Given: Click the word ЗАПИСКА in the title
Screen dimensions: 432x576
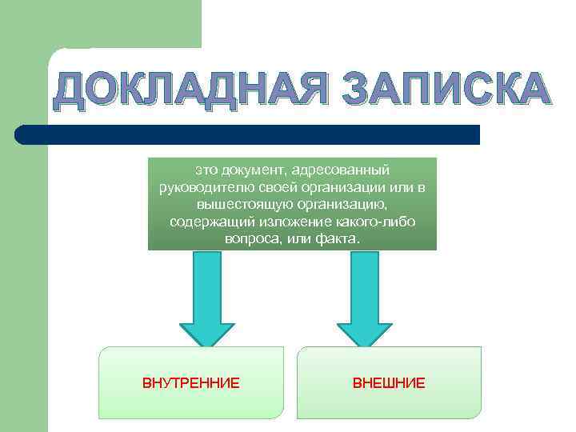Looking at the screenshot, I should click(x=442, y=90).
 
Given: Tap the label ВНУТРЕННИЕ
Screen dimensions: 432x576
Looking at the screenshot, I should click(x=191, y=383).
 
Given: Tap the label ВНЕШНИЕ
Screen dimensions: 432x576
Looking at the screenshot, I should click(x=389, y=383).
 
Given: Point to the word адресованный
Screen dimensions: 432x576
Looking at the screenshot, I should click(x=340, y=170).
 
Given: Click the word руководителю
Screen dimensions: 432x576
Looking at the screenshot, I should click(x=197, y=187).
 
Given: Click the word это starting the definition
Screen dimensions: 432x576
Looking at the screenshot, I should click(x=206, y=170).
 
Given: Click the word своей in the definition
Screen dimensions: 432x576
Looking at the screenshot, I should click(x=258, y=187).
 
